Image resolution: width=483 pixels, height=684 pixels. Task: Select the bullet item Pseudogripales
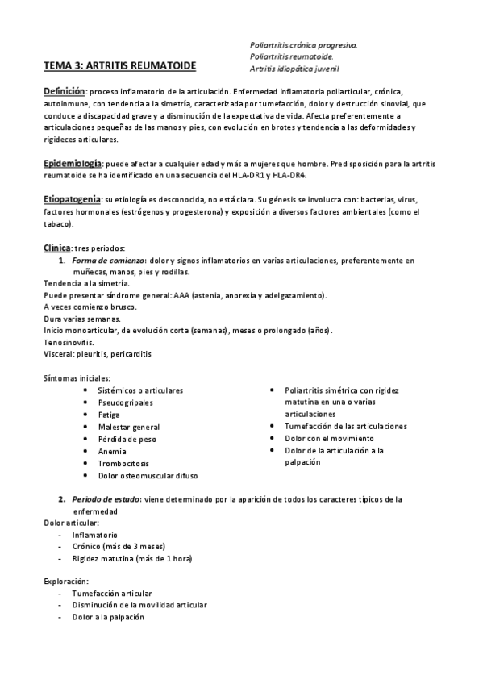[125, 402]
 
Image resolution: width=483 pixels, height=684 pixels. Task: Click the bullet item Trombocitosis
[123, 464]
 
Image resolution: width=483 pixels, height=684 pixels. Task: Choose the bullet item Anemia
[112, 452]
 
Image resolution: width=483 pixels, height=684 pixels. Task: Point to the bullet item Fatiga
[110, 415]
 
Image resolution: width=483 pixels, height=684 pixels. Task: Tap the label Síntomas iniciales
[77, 377]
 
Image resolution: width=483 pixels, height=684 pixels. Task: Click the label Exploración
[67, 581]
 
